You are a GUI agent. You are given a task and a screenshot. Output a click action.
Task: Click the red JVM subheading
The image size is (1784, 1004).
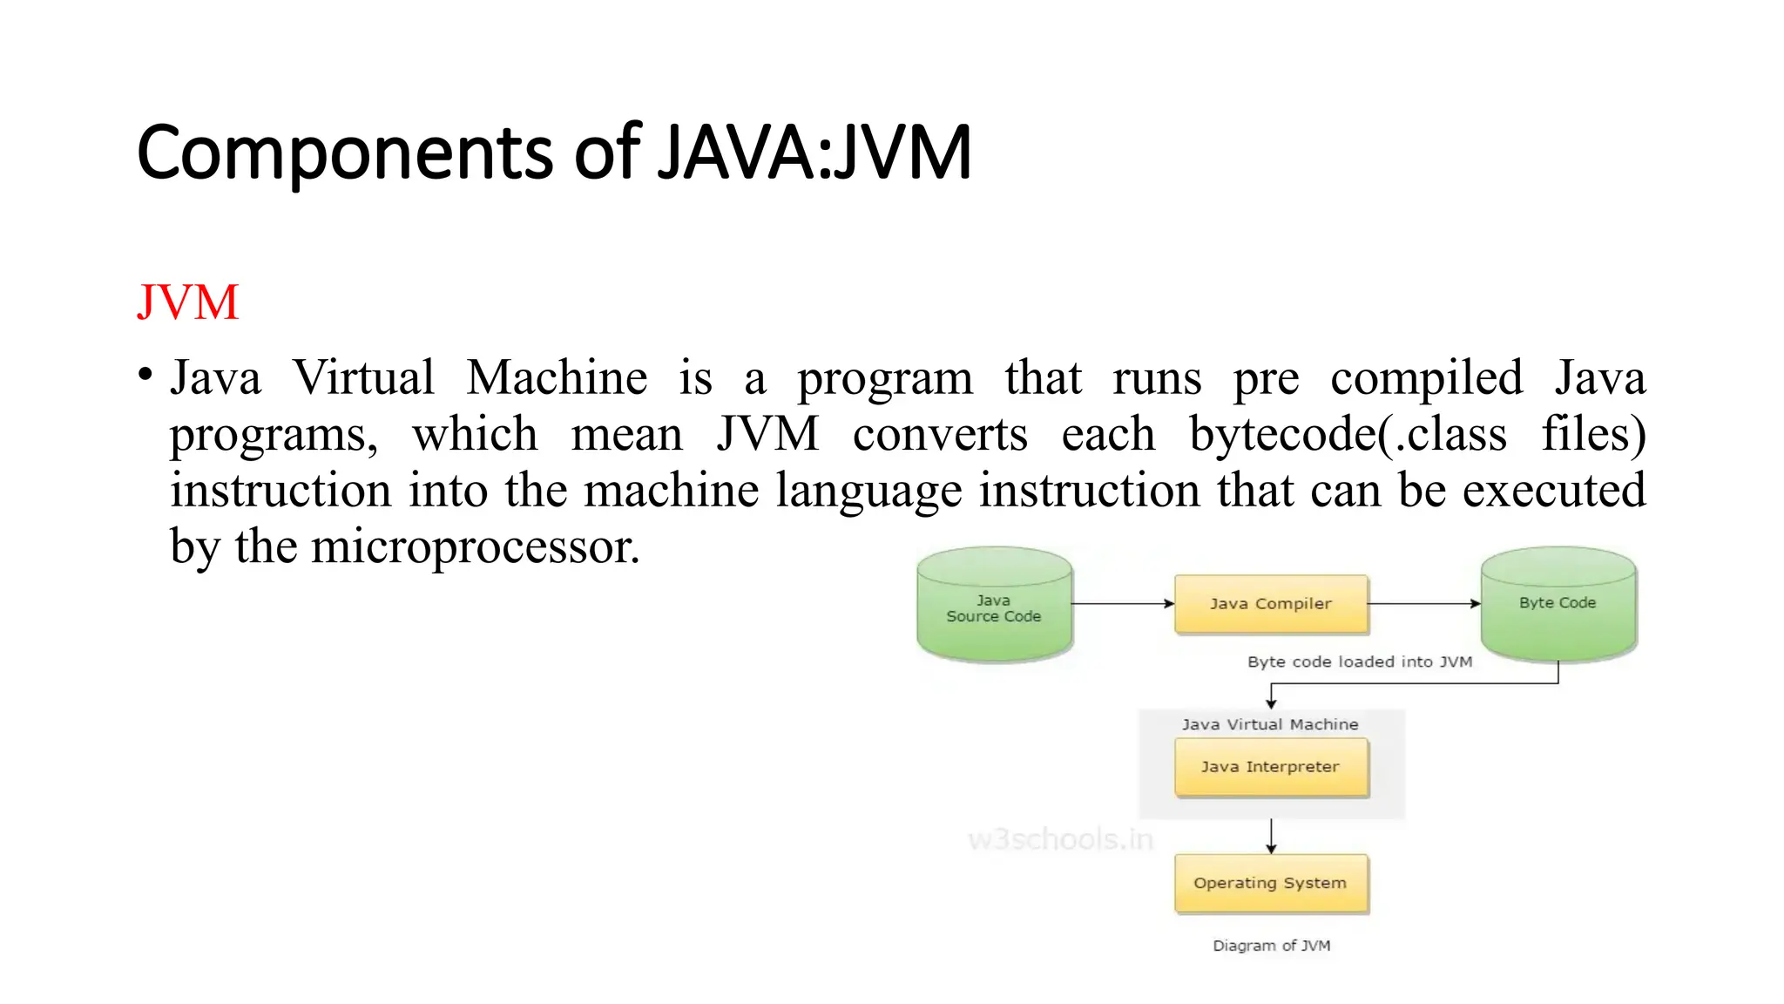[x=187, y=302]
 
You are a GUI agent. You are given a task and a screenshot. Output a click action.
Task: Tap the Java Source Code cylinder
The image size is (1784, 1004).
[x=994, y=607]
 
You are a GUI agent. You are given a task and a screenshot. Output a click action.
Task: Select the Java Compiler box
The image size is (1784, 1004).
[x=1271, y=603]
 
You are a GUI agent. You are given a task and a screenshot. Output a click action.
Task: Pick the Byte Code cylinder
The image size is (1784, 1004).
[x=1558, y=603]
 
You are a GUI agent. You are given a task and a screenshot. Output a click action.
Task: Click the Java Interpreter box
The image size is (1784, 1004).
[x=1271, y=767]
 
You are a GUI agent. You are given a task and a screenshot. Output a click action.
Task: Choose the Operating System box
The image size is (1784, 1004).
[x=1271, y=883]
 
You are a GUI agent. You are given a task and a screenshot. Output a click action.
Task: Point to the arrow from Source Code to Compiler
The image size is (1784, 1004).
[x=1123, y=603]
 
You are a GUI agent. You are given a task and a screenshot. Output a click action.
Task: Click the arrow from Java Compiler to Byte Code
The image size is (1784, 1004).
[x=1424, y=603]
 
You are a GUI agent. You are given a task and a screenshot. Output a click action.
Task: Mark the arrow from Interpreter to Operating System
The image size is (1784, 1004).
[x=1272, y=836]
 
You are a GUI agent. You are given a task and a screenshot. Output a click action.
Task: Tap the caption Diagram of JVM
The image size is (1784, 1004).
[x=1272, y=946]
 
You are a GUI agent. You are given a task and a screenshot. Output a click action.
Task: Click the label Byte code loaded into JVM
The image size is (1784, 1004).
[x=1360, y=661]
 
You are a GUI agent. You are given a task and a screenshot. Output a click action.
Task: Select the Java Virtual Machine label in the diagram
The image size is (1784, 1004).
[x=1270, y=724]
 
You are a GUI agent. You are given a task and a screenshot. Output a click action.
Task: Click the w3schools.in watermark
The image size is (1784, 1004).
[x=1060, y=839]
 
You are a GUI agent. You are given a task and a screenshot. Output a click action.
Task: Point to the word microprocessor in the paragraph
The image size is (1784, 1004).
[x=475, y=547]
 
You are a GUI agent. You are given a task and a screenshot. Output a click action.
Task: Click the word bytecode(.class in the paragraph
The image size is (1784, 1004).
[x=1348, y=434]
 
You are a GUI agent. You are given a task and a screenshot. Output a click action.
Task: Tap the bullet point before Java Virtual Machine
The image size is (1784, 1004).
[x=145, y=376]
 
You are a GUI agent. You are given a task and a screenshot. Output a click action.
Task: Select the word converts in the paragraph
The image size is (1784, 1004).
[x=940, y=434]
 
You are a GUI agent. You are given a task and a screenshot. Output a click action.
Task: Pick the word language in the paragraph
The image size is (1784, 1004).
[x=868, y=491]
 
